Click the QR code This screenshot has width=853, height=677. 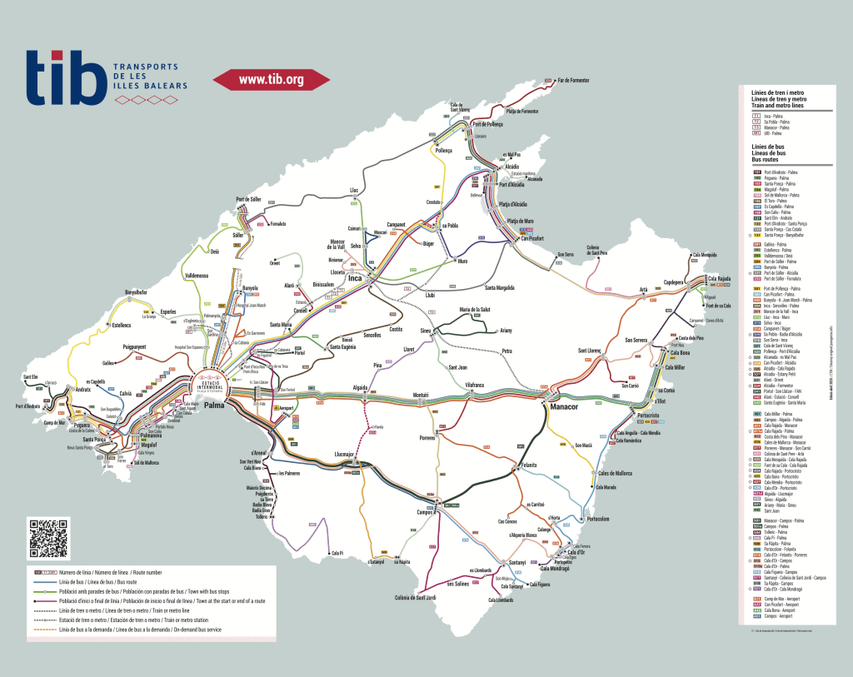click(x=50, y=538)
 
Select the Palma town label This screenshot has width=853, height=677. click(x=215, y=406)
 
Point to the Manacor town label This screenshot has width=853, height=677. click(x=563, y=406)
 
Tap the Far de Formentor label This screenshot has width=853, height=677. click(x=573, y=80)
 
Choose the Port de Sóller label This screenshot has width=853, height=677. click(x=248, y=199)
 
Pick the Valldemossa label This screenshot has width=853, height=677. click(x=201, y=275)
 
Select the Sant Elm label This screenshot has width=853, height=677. click(x=31, y=377)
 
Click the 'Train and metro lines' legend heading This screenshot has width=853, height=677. click(x=778, y=106)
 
